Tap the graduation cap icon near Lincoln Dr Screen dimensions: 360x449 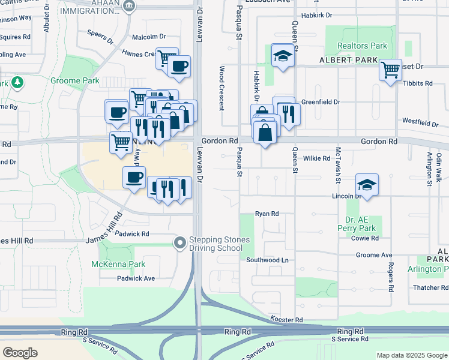click(367, 184)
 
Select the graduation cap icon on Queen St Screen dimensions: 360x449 click(282, 56)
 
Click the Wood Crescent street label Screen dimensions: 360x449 click(222, 88)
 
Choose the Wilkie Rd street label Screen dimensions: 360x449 click(317, 158)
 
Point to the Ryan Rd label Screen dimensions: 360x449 click(267, 214)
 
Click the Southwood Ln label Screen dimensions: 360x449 click(267, 260)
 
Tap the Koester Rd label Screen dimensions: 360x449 click(286, 320)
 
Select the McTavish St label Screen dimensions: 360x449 click(339, 165)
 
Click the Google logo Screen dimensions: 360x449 click(20, 352)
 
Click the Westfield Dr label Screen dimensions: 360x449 click(420, 122)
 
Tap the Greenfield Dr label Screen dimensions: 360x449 click(321, 102)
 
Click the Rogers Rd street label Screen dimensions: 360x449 click(390, 277)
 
